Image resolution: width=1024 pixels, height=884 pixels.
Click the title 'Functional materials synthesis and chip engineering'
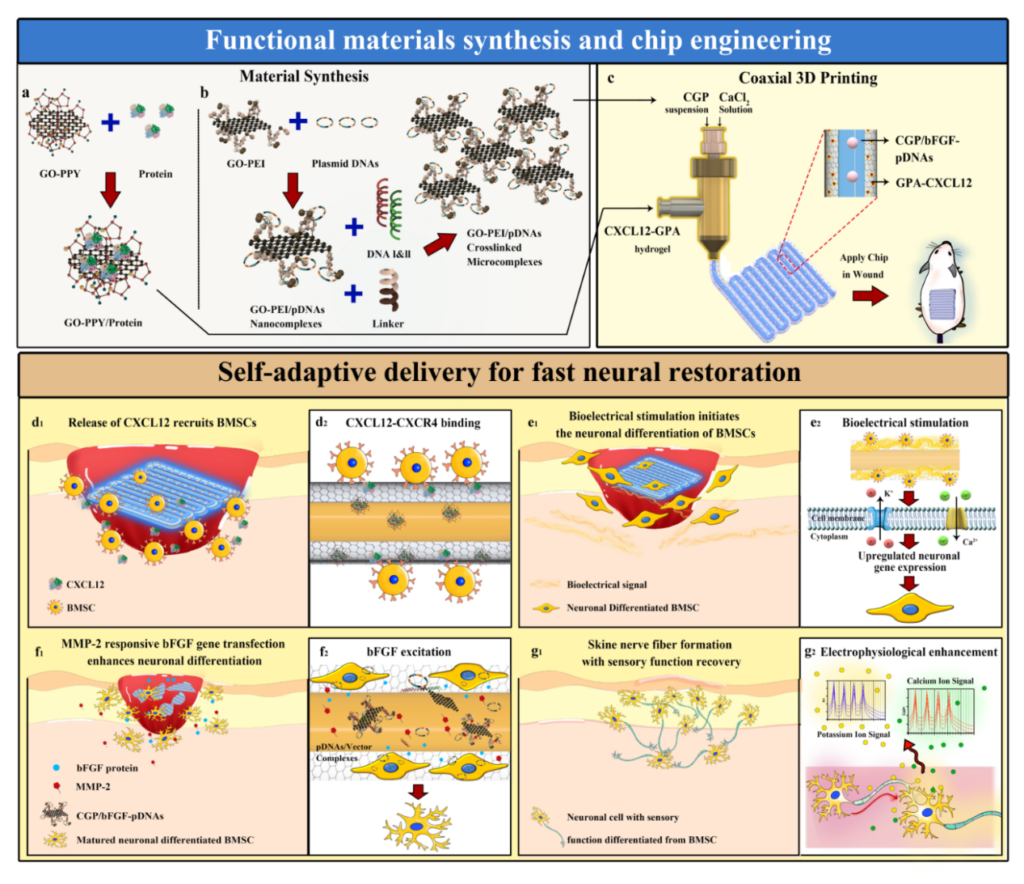click(518, 40)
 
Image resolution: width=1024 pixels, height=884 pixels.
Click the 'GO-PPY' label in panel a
click(60, 174)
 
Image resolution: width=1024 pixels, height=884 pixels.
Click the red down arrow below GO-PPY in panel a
click(110, 189)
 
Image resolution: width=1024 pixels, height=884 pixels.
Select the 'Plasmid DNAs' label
click(345, 163)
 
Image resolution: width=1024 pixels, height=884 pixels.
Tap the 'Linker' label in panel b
click(388, 324)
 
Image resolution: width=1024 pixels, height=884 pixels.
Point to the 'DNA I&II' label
click(389, 254)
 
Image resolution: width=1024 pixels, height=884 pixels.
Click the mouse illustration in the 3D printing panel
click(941, 291)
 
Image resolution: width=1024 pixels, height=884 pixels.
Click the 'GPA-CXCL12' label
click(933, 183)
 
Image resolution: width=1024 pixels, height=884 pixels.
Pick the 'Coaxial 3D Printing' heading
click(807, 78)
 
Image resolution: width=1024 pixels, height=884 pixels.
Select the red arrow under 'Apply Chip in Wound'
click(870, 296)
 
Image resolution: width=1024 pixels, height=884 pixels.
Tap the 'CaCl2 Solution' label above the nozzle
click(735, 103)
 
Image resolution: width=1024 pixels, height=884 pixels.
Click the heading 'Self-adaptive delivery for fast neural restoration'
click(509, 373)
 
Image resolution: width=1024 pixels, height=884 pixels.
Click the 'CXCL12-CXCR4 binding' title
click(413, 423)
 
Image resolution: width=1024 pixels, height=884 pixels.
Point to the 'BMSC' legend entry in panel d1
click(81, 607)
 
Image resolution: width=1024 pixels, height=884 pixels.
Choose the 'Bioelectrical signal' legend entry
click(606, 585)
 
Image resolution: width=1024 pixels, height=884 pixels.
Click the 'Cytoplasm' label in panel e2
click(829, 536)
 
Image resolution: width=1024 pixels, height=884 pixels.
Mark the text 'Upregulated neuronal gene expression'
click(909, 561)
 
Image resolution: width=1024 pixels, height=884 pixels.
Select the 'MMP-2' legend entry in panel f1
click(93, 786)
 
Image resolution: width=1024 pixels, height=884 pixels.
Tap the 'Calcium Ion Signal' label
click(940, 681)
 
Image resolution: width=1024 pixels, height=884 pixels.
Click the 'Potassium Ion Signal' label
click(853, 734)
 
